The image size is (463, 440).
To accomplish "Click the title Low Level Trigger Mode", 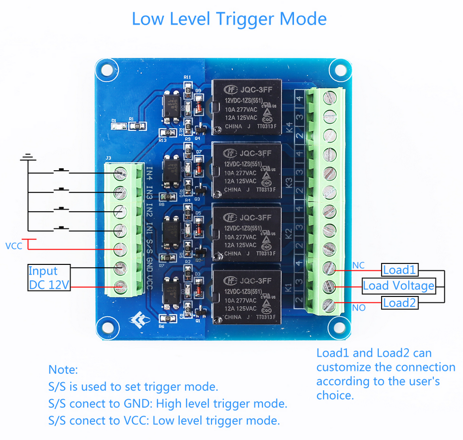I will [229, 19].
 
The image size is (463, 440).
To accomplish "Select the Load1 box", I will [400, 270].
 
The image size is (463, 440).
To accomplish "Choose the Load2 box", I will [400, 302].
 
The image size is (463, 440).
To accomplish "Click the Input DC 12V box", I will [49, 278].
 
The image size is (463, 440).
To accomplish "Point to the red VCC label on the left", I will [14, 246].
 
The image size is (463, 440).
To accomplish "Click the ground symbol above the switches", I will [28, 158].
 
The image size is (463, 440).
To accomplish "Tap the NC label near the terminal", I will [358, 265].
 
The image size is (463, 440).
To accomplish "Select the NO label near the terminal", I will [358, 308].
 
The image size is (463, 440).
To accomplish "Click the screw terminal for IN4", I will [119, 173].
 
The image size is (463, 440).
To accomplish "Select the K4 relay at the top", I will [246, 107].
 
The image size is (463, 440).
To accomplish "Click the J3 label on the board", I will [108, 158].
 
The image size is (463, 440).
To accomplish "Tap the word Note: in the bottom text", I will [63, 369].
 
